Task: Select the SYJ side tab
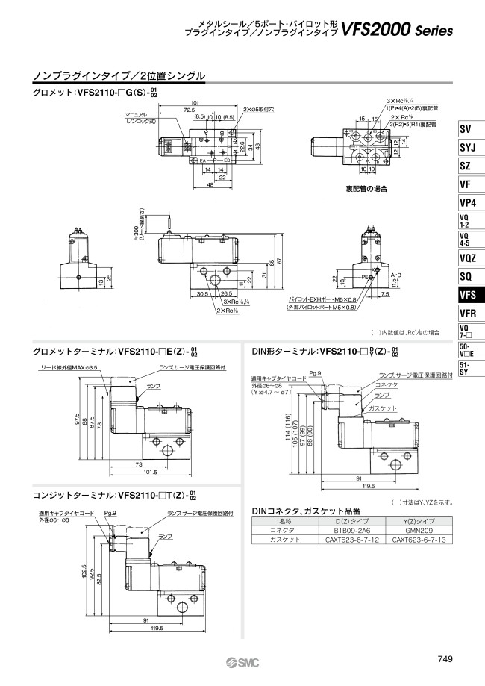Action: coord(468,147)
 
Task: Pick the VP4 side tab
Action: coord(468,202)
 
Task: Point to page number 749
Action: coord(444,658)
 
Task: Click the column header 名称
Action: coord(284,522)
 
